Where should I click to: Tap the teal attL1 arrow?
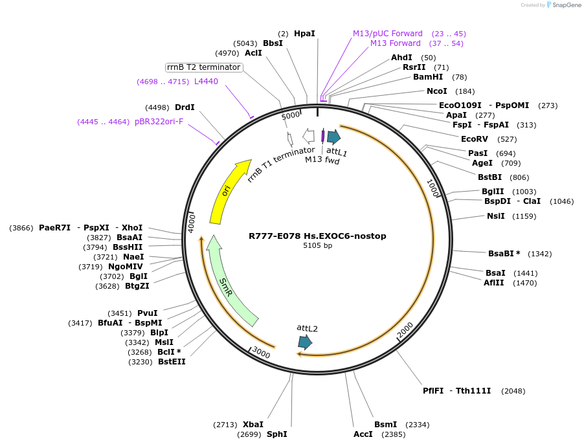tap(334, 137)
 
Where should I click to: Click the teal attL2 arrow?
tap(304, 342)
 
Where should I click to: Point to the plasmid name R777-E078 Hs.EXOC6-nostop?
tap(317, 236)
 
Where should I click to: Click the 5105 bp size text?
tap(317, 245)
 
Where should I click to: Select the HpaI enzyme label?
tap(304, 33)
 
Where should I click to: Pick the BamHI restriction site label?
tap(428, 77)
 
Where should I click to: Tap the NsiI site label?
tap(497, 216)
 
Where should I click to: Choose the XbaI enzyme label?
tap(253, 424)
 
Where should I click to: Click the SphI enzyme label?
tap(276, 434)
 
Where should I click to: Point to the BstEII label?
tap(172, 362)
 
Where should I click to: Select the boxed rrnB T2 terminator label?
tap(204, 67)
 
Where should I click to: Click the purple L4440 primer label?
tap(207, 82)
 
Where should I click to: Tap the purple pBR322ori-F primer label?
tap(159, 121)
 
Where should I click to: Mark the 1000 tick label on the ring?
tap(433, 188)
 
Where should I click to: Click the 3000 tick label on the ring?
tap(261, 353)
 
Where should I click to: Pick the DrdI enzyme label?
tap(185, 107)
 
